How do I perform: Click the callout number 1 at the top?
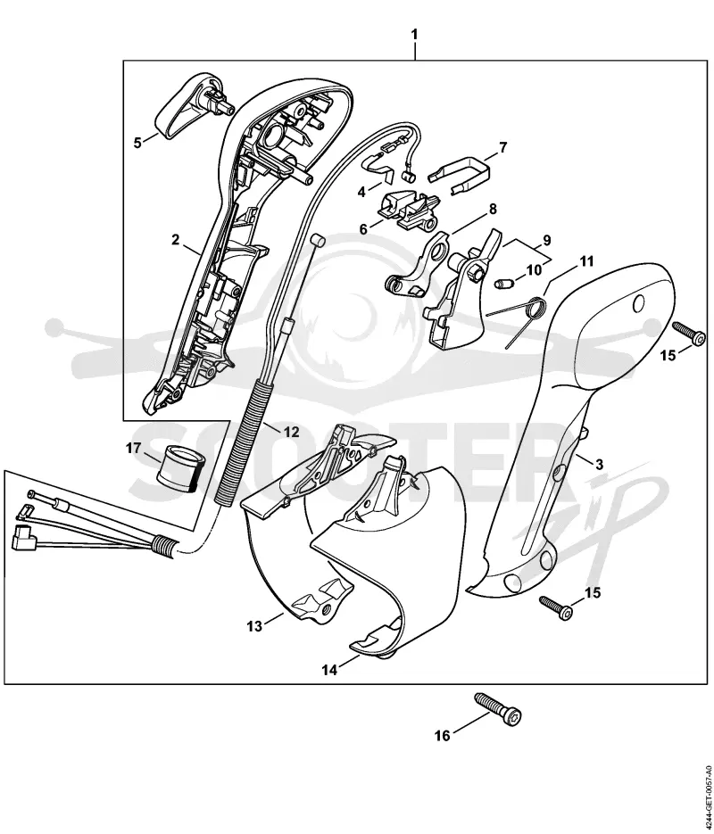(x=414, y=35)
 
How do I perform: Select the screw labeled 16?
(x=498, y=709)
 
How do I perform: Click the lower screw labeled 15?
(x=557, y=607)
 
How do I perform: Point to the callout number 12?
(x=292, y=432)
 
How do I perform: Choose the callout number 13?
(x=255, y=626)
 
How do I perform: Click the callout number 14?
(x=330, y=670)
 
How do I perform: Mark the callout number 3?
(x=600, y=465)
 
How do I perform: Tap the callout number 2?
(x=176, y=240)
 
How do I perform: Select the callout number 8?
(x=493, y=209)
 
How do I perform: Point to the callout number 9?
(x=547, y=240)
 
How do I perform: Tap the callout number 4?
(x=361, y=192)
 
